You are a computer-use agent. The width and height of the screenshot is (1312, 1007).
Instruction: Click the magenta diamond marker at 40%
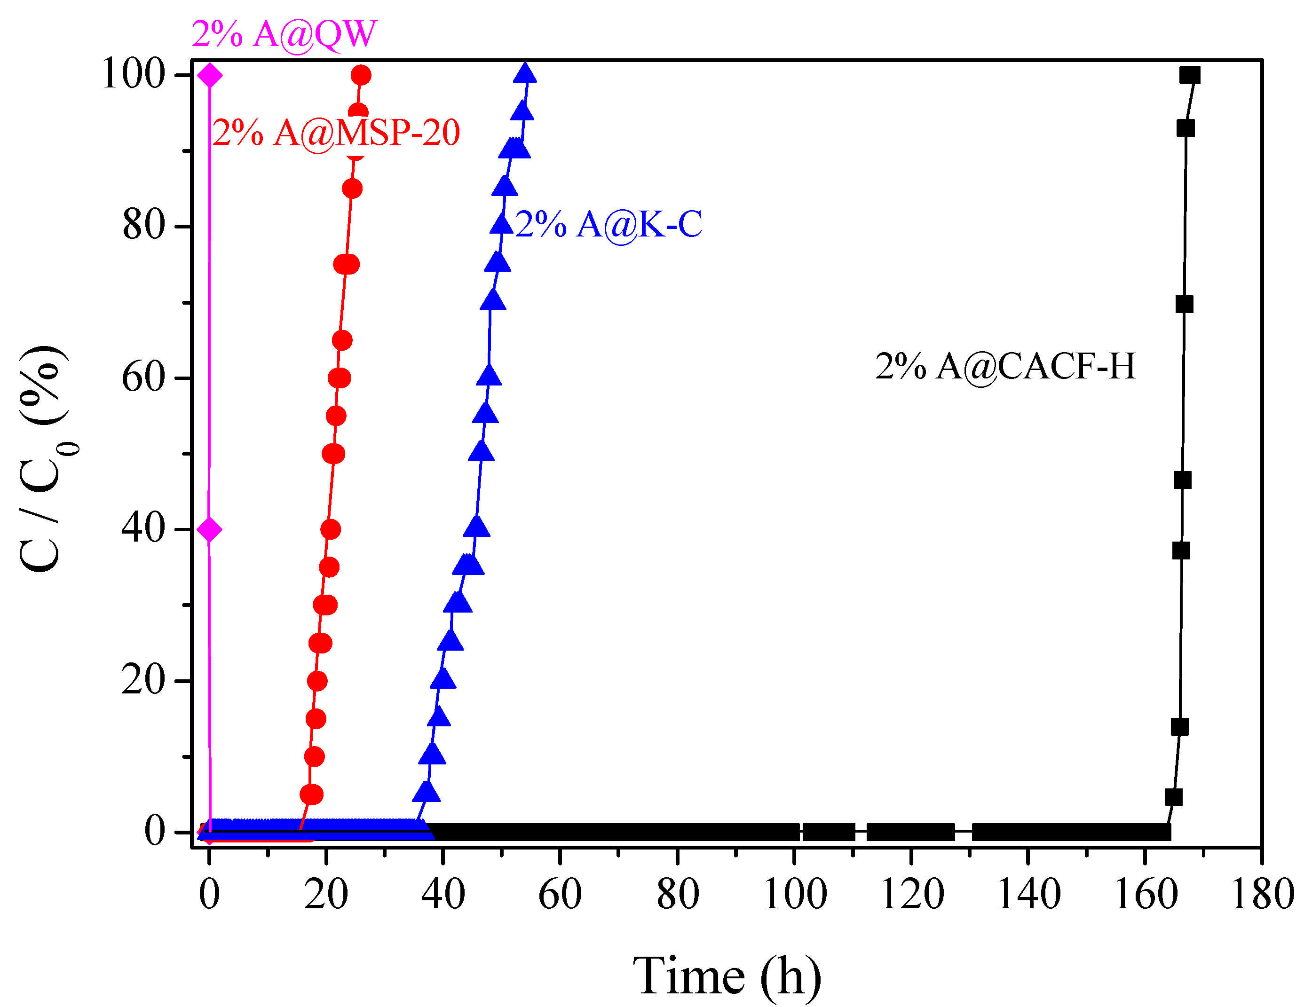click(209, 529)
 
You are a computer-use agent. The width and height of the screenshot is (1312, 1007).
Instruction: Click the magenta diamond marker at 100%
click(210, 75)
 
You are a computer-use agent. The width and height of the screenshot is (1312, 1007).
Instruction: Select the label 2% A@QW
click(284, 34)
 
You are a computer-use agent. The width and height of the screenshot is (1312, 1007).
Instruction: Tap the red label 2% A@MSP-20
click(336, 133)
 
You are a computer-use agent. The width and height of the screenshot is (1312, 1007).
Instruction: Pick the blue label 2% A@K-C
click(609, 225)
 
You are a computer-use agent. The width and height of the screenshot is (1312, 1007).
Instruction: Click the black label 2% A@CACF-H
click(1005, 366)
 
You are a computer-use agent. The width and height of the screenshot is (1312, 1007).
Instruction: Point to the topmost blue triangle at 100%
click(525, 73)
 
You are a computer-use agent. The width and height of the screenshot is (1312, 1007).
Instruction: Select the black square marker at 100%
click(1190, 75)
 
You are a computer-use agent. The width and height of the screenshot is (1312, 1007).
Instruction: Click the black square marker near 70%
click(1184, 305)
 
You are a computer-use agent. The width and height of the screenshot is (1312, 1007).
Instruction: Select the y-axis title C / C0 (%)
click(42, 458)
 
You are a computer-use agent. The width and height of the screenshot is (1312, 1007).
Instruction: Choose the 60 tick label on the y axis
click(142, 378)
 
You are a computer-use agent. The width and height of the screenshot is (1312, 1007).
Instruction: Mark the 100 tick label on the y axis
click(133, 75)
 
